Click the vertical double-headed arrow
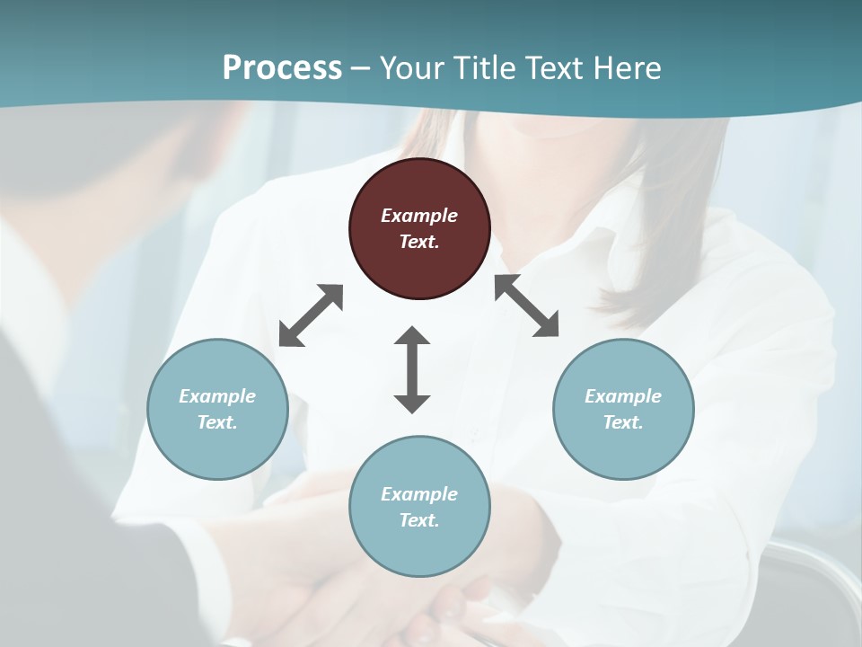tap(412, 369)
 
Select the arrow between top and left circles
tap(311, 315)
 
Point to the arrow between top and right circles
tap(526, 306)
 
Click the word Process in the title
tap(282, 67)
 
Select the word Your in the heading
tap(412, 67)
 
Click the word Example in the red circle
tap(419, 216)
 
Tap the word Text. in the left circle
tap(217, 422)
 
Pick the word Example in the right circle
tap(623, 396)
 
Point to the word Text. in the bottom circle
tap(419, 520)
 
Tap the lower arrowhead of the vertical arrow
tap(412, 403)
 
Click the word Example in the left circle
tap(217, 396)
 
